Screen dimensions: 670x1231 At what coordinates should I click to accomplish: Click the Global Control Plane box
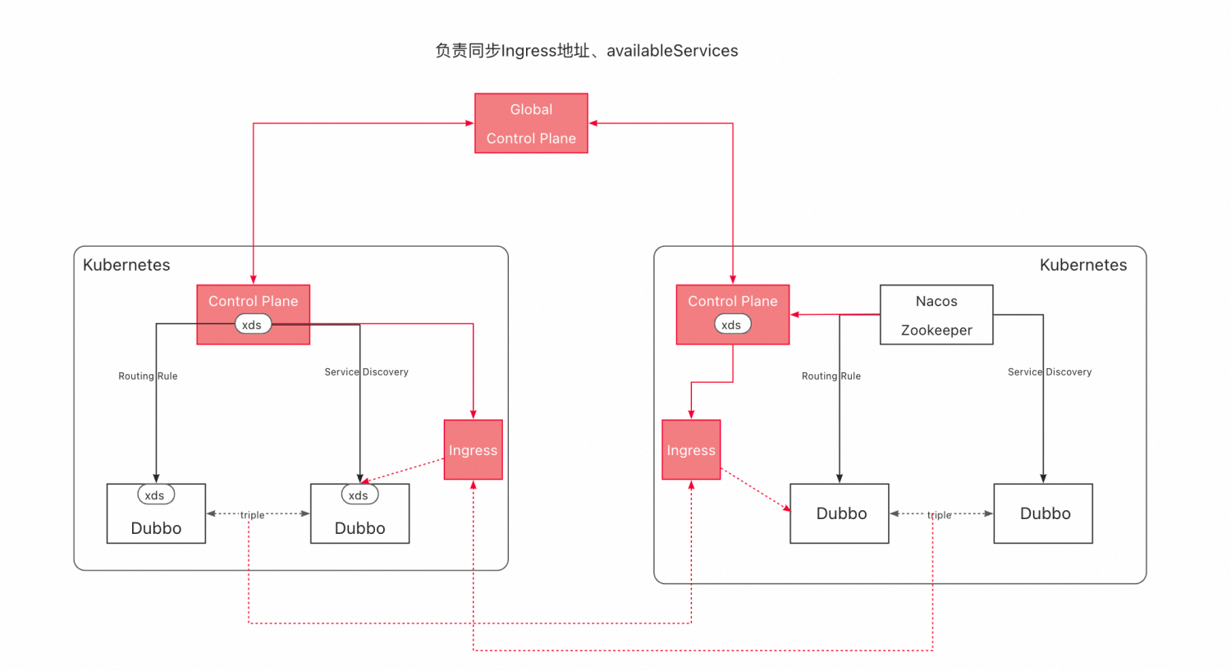pyautogui.click(x=531, y=123)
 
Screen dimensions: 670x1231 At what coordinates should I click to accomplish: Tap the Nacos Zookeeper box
pyautogui.click(x=936, y=315)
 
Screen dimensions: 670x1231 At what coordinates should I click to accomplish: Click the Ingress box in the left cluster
pyautogui.click(x=473, y=449)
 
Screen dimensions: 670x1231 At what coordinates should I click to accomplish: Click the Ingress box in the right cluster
pyautogui.click(x=691, y=449)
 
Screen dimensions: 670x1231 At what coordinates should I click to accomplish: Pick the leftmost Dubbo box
pyautogui.click(x=156, y=522)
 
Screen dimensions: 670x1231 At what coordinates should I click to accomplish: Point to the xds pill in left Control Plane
pyautogui.click(x=253, y=325)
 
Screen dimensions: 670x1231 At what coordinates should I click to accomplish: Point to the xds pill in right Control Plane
pyautogui.click(x=732, y=325)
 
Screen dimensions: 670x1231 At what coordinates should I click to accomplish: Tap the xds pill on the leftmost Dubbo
pyautogui.click(x=155, y=495)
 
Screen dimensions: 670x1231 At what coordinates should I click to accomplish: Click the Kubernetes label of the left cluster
pyautogui.click(x=126, y=265)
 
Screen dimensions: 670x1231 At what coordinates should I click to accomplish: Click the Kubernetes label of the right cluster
pyautogui.click(x=1082, y=265)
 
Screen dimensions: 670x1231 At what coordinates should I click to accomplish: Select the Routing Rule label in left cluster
pyautogui.click(x=148, y=376)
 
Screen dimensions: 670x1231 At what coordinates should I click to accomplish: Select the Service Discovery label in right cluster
pyautogui.click(x=1050, y=371)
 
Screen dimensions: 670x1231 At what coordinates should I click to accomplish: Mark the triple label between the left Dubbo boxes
pyautogui.click(x=252, y=515)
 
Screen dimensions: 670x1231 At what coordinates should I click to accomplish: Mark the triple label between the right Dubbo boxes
pyautogui.click(x=940, y=515)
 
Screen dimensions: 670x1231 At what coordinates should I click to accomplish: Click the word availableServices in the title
pyautogui.click(x=672, y=51)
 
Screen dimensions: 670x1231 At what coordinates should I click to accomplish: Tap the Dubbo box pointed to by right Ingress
pyautogui.click(x=840, y=513)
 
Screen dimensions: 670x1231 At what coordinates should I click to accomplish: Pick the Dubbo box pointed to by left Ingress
pyautogui.click(x=359, y=522)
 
